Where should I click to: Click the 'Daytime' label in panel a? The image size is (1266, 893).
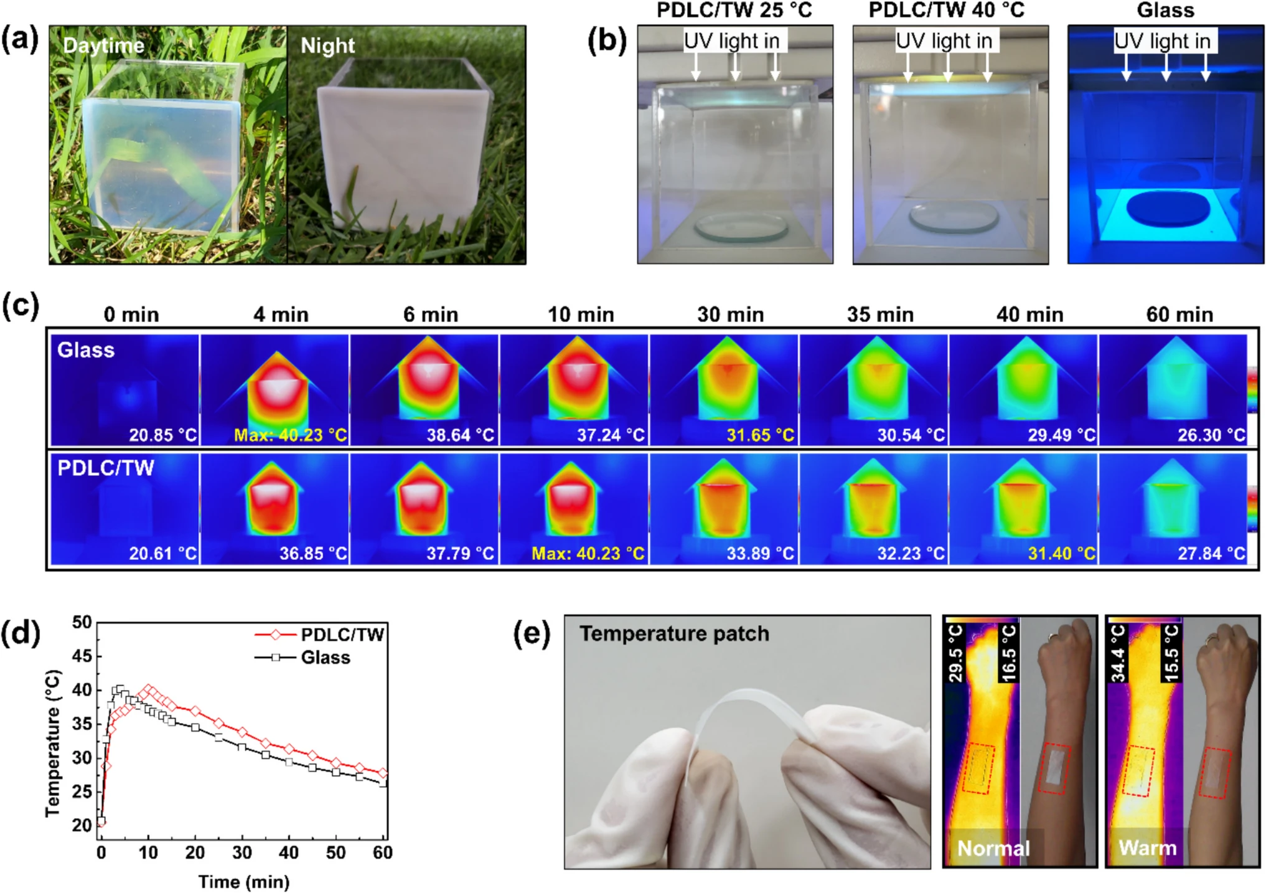104,45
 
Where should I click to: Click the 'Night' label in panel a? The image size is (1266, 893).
327,45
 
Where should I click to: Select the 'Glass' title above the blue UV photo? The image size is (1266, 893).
1165,10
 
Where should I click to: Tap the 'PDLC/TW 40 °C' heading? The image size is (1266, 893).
946,10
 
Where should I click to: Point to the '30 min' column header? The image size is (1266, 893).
730,314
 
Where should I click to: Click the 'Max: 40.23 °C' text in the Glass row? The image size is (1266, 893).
290,435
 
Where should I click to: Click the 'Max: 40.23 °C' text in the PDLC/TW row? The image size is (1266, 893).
588,553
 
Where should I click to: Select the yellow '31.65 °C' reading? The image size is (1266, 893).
761,435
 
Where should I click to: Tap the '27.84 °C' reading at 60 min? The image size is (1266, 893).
1211,553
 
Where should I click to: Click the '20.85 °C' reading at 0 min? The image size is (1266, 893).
162,435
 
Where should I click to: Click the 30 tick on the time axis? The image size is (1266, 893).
242,852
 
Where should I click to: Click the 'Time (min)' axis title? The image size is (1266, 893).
244,882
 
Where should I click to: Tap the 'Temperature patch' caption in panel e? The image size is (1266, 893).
674,633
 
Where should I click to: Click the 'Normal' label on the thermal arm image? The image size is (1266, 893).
993,848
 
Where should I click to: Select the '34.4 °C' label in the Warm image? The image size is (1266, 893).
1118,653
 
